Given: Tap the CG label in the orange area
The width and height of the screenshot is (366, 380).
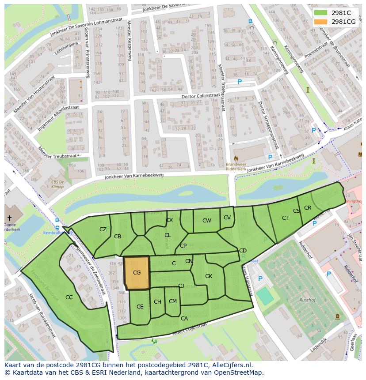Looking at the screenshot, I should [137, 273].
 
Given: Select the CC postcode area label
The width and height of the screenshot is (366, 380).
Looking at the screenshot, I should [69, 297].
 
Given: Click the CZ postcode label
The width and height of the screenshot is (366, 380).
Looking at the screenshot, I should [103, 230].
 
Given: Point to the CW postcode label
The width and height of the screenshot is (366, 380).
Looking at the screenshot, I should [206, 221].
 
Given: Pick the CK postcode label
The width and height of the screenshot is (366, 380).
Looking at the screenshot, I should [209, 276].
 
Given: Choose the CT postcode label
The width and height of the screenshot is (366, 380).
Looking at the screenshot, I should [285, 218].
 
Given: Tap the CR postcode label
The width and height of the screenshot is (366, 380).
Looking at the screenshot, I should [308, 208].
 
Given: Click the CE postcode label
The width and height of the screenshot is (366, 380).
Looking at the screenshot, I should [140, 307].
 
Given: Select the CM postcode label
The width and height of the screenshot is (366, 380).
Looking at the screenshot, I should [173, 301].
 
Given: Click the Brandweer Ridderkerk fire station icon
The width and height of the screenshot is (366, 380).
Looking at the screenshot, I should [236, 158].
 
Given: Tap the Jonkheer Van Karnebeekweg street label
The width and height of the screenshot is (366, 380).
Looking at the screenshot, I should [134, 176].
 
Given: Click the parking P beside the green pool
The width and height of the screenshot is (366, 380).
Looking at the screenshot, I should [260, 279].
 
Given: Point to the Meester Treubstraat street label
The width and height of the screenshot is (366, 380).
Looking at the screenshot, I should [59, 156].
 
